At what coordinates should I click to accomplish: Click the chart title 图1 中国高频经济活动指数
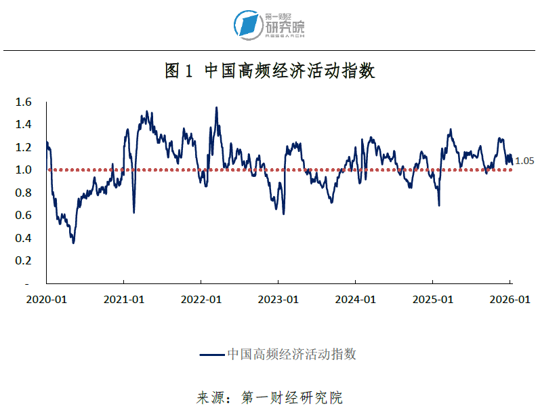[270, 71]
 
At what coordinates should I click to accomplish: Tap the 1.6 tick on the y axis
[24, 102]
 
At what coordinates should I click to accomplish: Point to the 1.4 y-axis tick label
[24, 125]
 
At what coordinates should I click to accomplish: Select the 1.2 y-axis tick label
[24, 147]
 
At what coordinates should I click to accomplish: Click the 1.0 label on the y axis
[24, 170]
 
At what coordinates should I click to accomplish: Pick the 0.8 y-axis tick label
[24, 193]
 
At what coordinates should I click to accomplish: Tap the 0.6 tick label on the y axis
[24, 216]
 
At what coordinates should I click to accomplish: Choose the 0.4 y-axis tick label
[24, 238]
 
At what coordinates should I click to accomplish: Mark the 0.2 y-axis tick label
[24, 260]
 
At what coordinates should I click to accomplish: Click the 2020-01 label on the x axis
[46, 299]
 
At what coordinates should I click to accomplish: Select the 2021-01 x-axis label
[124, 299]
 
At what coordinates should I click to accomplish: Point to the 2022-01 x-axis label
[201, 299]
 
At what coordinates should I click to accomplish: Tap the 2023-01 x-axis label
[278, 299]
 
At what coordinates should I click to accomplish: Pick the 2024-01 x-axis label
[356, 299]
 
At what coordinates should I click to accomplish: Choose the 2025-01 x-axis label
[433, 299]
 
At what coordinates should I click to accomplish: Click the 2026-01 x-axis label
[510, 299]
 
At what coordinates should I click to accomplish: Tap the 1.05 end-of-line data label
[524, 161]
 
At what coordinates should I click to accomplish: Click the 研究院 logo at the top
[270, 24]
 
